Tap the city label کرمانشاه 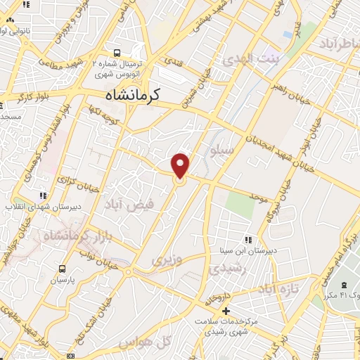[x=133, y=94]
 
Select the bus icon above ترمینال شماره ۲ [x=117, y=52]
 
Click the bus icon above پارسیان [x=63, y=269]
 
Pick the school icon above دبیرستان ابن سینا [x=247, y=239]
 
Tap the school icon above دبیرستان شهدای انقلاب [x=43, y=195]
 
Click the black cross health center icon [x=225, y=311]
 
